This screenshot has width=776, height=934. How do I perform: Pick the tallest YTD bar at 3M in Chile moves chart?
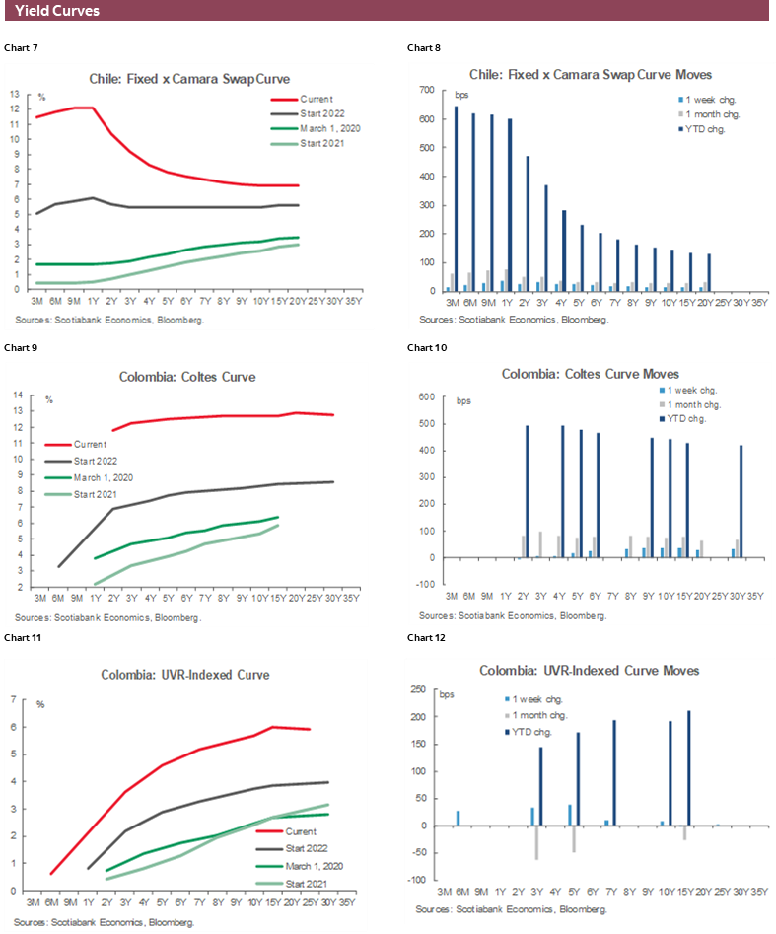click(456, 198)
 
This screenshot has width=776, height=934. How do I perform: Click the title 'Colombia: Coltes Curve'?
click(188, 376)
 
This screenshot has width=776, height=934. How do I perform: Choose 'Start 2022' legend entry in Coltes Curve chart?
click(96, 461)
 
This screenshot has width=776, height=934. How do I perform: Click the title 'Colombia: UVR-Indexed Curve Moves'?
click(590, 671)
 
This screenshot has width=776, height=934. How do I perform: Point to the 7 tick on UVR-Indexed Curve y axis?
click(15, 700)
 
